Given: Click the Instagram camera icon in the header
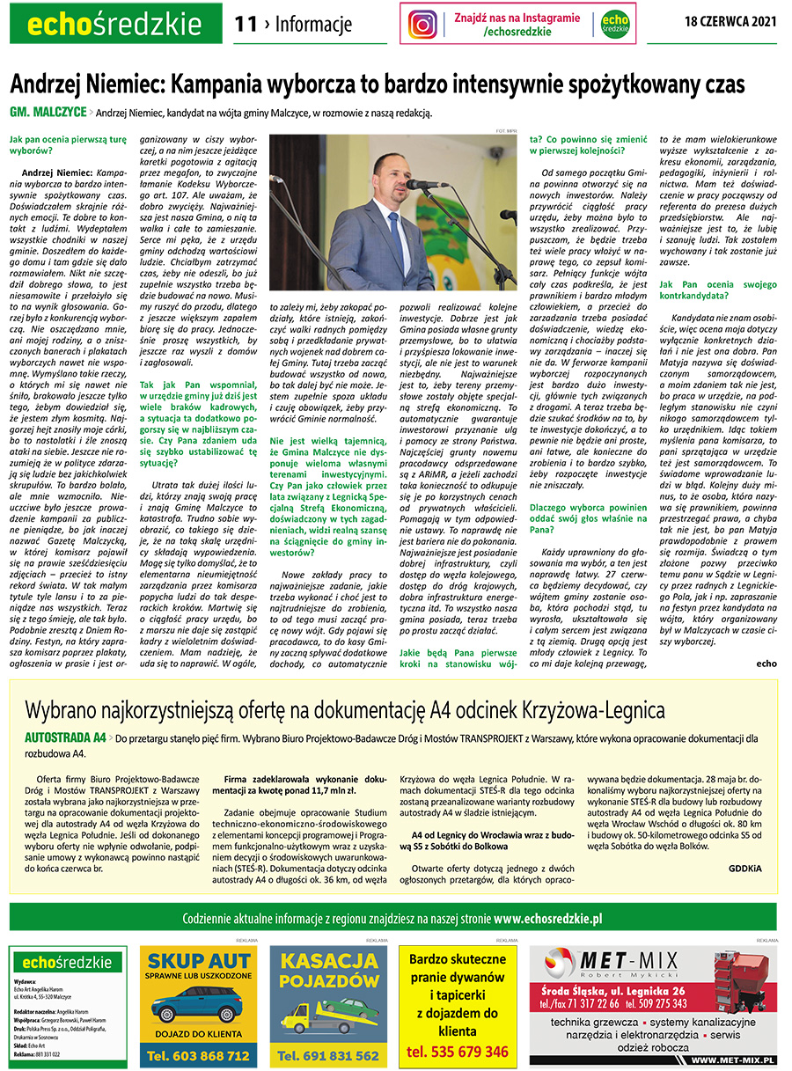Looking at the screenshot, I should pos(422,24).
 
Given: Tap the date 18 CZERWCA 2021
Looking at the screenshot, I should pos(730,21).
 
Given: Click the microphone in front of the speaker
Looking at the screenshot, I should pos(426,184).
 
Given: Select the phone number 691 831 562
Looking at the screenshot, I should pos(326,1055).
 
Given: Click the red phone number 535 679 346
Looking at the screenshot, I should pos(457,1052).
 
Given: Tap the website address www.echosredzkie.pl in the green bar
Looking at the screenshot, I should pos(547,919).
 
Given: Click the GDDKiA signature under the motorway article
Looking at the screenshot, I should pos(745,868).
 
